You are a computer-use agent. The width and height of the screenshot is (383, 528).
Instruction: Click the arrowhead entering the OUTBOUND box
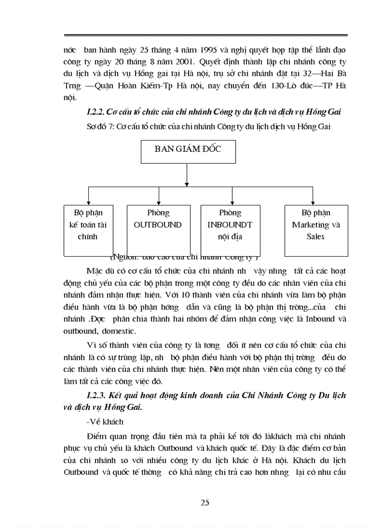click(159, 202)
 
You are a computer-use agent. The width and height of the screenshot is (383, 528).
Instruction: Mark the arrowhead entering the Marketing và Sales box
click(313, 202)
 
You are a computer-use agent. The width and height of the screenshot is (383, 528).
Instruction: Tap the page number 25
click(205, 503)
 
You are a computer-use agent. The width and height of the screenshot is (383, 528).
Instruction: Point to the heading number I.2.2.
click(96, 112)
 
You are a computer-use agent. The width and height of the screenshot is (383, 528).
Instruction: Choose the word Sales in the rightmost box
click(315, 236)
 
